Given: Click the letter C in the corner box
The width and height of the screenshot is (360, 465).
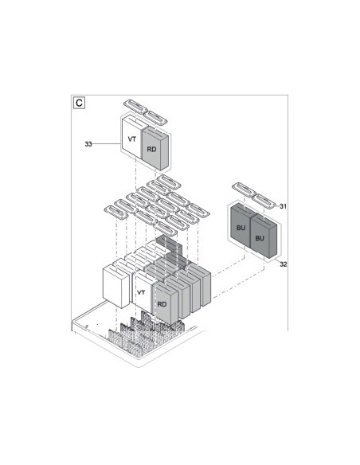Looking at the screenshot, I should click(79, 103).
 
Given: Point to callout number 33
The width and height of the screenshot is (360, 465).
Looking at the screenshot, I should click(88, 144).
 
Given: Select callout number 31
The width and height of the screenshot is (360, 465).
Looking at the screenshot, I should click(283, 206).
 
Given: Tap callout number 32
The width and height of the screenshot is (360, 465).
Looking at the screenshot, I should click(283, 264).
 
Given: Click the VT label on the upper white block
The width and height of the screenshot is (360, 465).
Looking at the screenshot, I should click(132, 139).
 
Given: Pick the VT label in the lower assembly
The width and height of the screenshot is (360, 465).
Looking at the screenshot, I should click(142, 293).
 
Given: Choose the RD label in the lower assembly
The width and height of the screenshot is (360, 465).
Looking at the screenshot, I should click(162, 303).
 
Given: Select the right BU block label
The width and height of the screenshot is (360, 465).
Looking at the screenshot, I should click(260, 237).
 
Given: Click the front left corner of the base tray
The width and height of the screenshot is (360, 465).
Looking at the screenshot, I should click(74, 322).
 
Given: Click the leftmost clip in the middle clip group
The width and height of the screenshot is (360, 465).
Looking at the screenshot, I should click(115, 211).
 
